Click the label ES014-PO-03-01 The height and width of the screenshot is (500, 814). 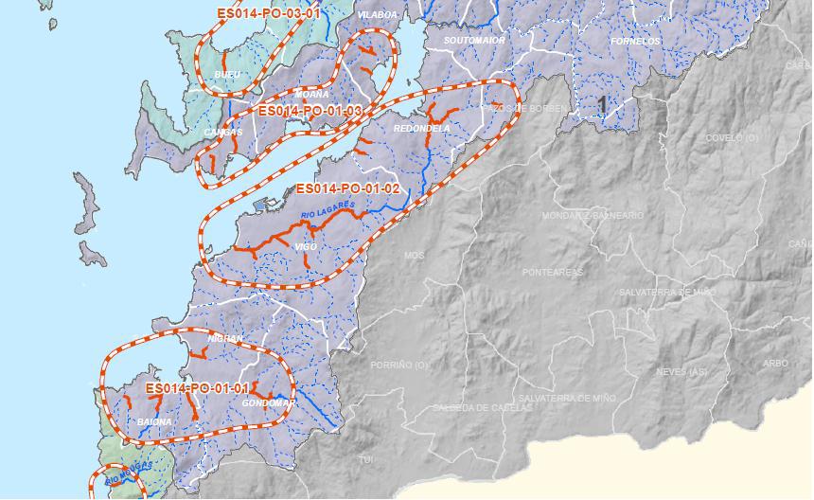click(269, 14)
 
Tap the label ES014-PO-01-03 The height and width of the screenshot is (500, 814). click(310, 111)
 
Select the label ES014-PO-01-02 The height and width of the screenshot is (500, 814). click(347, 188)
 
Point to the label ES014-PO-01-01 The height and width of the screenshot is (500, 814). click(198, 388)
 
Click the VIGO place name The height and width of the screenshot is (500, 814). click(306, 246)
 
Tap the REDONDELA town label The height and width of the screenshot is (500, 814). click(421, 128)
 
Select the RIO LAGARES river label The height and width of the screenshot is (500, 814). click(327, 210)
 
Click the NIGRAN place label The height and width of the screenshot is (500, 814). click(225, 338)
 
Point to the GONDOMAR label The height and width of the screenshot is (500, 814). click(268, 403)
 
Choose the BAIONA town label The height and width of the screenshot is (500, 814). click(155, 421)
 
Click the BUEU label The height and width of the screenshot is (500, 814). click(227, 74)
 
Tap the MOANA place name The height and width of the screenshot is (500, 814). click(312, 95)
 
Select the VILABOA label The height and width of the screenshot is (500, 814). click(378, 16)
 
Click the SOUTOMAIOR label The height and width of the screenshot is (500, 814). click(474, 41)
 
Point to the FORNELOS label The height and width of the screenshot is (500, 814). click(635, 42)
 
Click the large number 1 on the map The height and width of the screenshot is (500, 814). click(602, 102)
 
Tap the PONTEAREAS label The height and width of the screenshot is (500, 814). click(553, 272)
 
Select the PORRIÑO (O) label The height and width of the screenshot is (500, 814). click(399, 365)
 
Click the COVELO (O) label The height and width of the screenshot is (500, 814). click(733, 137)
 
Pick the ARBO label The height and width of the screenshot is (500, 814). click(774, 363)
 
